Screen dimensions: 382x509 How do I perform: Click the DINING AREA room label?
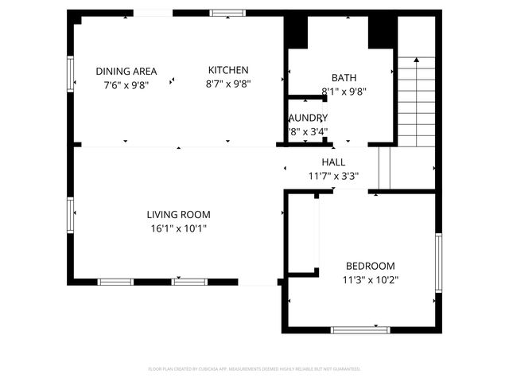(x=126, y=70)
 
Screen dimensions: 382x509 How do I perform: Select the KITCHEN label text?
(x=228, y=70)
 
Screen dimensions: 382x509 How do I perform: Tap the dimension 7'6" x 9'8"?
(x=126, y=84)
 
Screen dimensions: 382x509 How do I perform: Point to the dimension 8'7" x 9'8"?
(x=228, y=84)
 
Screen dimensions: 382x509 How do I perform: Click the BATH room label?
(x=344, y=78)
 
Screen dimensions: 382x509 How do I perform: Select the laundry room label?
(x=307, y=118)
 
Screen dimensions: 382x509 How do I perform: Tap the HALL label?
(x=333, y=162)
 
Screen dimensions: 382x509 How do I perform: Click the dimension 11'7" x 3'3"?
(x=333, y=176)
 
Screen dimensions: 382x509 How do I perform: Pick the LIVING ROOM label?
(x=178, y=214)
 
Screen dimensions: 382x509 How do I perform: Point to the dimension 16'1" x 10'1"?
(x=178, y=228)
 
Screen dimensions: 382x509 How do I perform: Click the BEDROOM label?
(x=370, y=266)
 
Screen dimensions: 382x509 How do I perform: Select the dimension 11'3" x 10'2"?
(x=370, y=279)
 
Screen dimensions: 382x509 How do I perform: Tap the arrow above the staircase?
(x=416, y=60)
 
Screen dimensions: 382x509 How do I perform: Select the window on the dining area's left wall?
(x=70, y=74)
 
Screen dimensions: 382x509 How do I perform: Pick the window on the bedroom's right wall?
(x=438, y=263)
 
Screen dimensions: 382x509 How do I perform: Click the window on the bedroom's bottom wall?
(x=360, y=329)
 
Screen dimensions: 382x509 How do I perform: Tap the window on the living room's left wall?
(x=70, y=215)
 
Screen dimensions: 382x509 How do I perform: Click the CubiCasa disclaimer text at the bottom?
(x=254, y=369)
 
